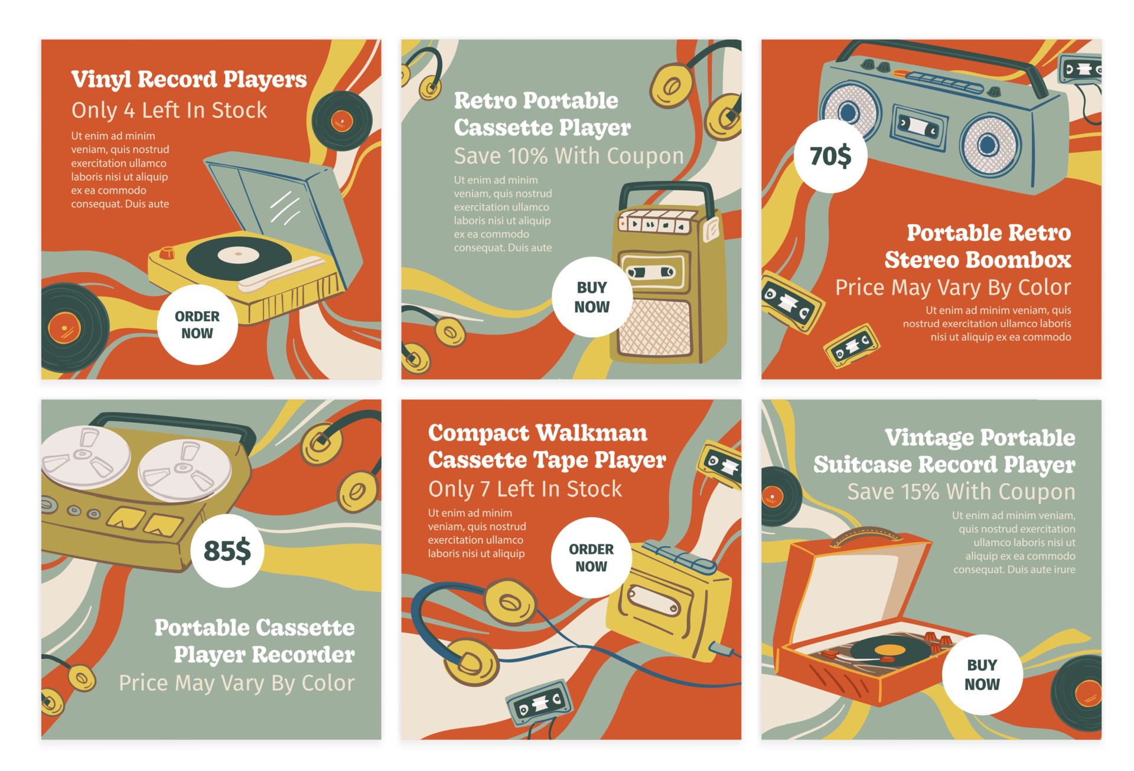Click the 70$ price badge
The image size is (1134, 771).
(830, 156)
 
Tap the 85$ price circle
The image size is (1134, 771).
(227, 551)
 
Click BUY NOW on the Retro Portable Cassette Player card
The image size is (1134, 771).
(592, 297)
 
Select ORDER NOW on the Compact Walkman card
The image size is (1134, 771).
(591, 557)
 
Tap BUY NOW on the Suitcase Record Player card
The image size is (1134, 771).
(982, 674)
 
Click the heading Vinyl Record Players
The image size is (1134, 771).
(189, 79)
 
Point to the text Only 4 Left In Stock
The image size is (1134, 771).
(169, 110)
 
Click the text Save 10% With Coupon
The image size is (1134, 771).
(568, 156)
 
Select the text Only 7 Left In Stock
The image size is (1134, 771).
(525, 489)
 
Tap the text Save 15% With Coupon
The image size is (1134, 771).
(961, 492)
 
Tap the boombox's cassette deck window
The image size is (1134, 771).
(918, 126)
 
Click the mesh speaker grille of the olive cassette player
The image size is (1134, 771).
(654, 328)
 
